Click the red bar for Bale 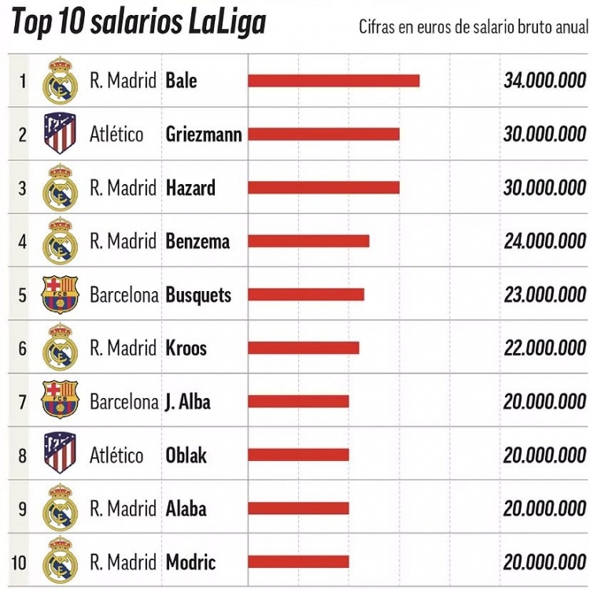(334, 81)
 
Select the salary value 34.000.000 (544, 81)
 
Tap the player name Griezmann (204, 135)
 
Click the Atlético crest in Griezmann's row (60, 134)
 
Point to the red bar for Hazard (323, 188)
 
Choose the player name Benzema (197, 242)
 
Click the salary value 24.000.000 (544, 242)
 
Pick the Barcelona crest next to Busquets (60, 294)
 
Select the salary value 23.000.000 (544, 295)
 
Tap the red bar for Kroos (304, 348)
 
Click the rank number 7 (22, 402)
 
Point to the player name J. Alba (188, 402)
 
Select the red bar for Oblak (298, 455)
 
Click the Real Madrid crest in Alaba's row (60, 508)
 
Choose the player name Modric (190, 562)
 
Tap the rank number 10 (19, 562)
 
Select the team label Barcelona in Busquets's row (124, 295)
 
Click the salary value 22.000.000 (544, 348)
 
